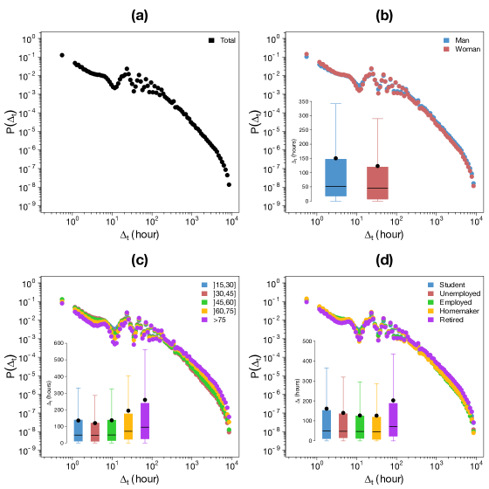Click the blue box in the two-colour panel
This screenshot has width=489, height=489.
tap(335, 177)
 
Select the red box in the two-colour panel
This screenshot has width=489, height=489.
tap(377, 183)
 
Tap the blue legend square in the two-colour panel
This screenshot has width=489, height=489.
tap(446, 40)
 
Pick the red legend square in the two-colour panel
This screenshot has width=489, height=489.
tap(446, 49)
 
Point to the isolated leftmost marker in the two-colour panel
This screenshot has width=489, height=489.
tap(306, 55)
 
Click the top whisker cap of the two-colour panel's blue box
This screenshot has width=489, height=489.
tap(335, 104)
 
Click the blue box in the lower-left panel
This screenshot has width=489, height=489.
tap(78, 430)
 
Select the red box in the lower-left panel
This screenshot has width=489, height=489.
tap(94, 431)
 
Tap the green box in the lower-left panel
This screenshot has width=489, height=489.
tap(111, 430)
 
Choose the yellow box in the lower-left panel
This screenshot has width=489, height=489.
tap(127, 426)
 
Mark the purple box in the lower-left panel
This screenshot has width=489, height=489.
tap(145, 420)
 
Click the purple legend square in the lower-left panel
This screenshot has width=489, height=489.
tap(204, 320)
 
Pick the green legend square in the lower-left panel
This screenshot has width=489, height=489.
tap(204, 302)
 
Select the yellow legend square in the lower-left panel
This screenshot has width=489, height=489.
tap(204, 311)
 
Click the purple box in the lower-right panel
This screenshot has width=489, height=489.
tap(393, 419)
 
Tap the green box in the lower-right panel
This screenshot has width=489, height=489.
tap(360, 427)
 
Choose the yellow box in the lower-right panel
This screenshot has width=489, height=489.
tap(376, 427)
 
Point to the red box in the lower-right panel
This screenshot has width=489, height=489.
tap(343, 425)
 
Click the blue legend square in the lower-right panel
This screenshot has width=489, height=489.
tap(430, 285)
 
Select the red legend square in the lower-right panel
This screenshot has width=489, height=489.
tap(430, 293)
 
